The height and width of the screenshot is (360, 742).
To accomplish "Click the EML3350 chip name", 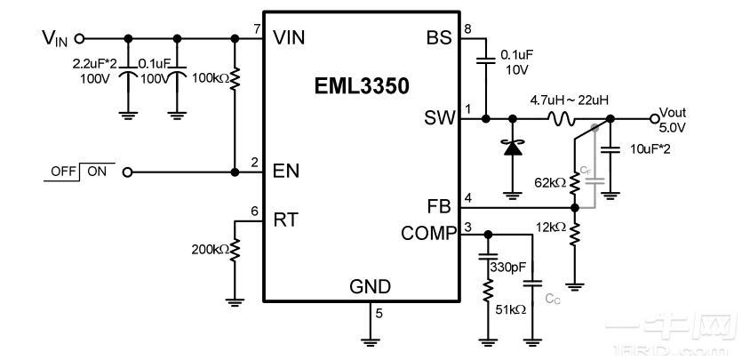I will tap(361, 87).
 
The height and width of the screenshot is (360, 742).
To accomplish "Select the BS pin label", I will tap(439, 37).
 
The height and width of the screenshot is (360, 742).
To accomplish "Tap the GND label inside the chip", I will tap(370, 285).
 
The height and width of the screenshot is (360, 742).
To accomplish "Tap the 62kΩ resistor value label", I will tap(549, 183).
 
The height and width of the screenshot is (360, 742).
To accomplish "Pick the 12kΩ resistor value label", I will tap(549, 228).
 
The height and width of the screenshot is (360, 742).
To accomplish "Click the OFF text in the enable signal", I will tap(64, 172).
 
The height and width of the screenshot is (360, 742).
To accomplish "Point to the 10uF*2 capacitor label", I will tap(649, 148).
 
